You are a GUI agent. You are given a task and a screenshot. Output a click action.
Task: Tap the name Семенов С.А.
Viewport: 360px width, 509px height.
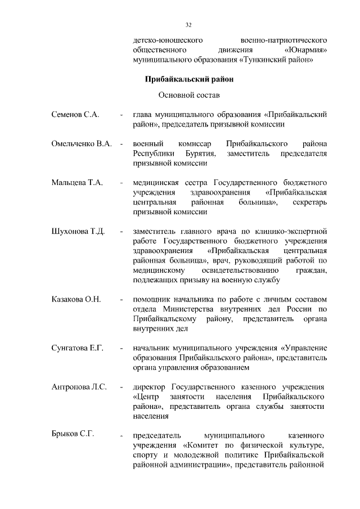click(x=75, y=115)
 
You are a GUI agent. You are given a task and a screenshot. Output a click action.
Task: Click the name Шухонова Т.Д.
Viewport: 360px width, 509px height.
click(x=78, y=232)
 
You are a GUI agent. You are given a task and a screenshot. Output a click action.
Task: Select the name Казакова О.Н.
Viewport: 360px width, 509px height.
click(x=76, y=299)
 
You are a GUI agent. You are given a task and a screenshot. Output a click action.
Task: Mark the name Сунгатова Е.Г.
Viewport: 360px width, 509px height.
click(x=78, y=349)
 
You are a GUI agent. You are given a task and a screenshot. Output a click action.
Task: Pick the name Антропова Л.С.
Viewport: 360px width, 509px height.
click(x=79, y=388)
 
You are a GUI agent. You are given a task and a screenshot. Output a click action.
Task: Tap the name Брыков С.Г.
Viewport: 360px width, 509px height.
click(x=73, y=434)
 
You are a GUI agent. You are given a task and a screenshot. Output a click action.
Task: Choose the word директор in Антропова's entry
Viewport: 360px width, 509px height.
click(x=148, y=388)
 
